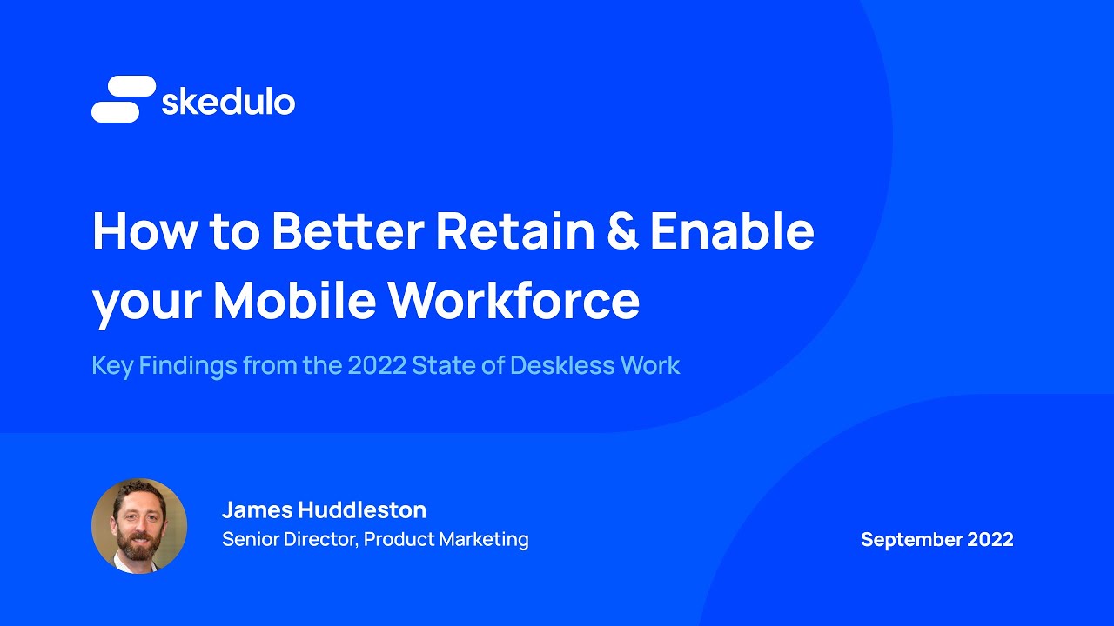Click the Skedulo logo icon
pyautogui.click(x=124, y=99)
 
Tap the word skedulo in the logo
pyautogui.click(x=228, y=102)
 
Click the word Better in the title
pyautogui.click(x=347, y=231)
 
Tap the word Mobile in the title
pyautogui.click(x=294, y=301)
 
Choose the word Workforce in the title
pyautogui.click(x=513, y=301)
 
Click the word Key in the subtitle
pyautogui.click(x=111, y=366)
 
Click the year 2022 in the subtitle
pyautogui.click(x=377, y=365)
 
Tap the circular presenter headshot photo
pyautogui.click(x=139, y=525)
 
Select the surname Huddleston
pyautogui.click(x=365, y=509)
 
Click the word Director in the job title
pyautogui.click(x=325, y=539)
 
